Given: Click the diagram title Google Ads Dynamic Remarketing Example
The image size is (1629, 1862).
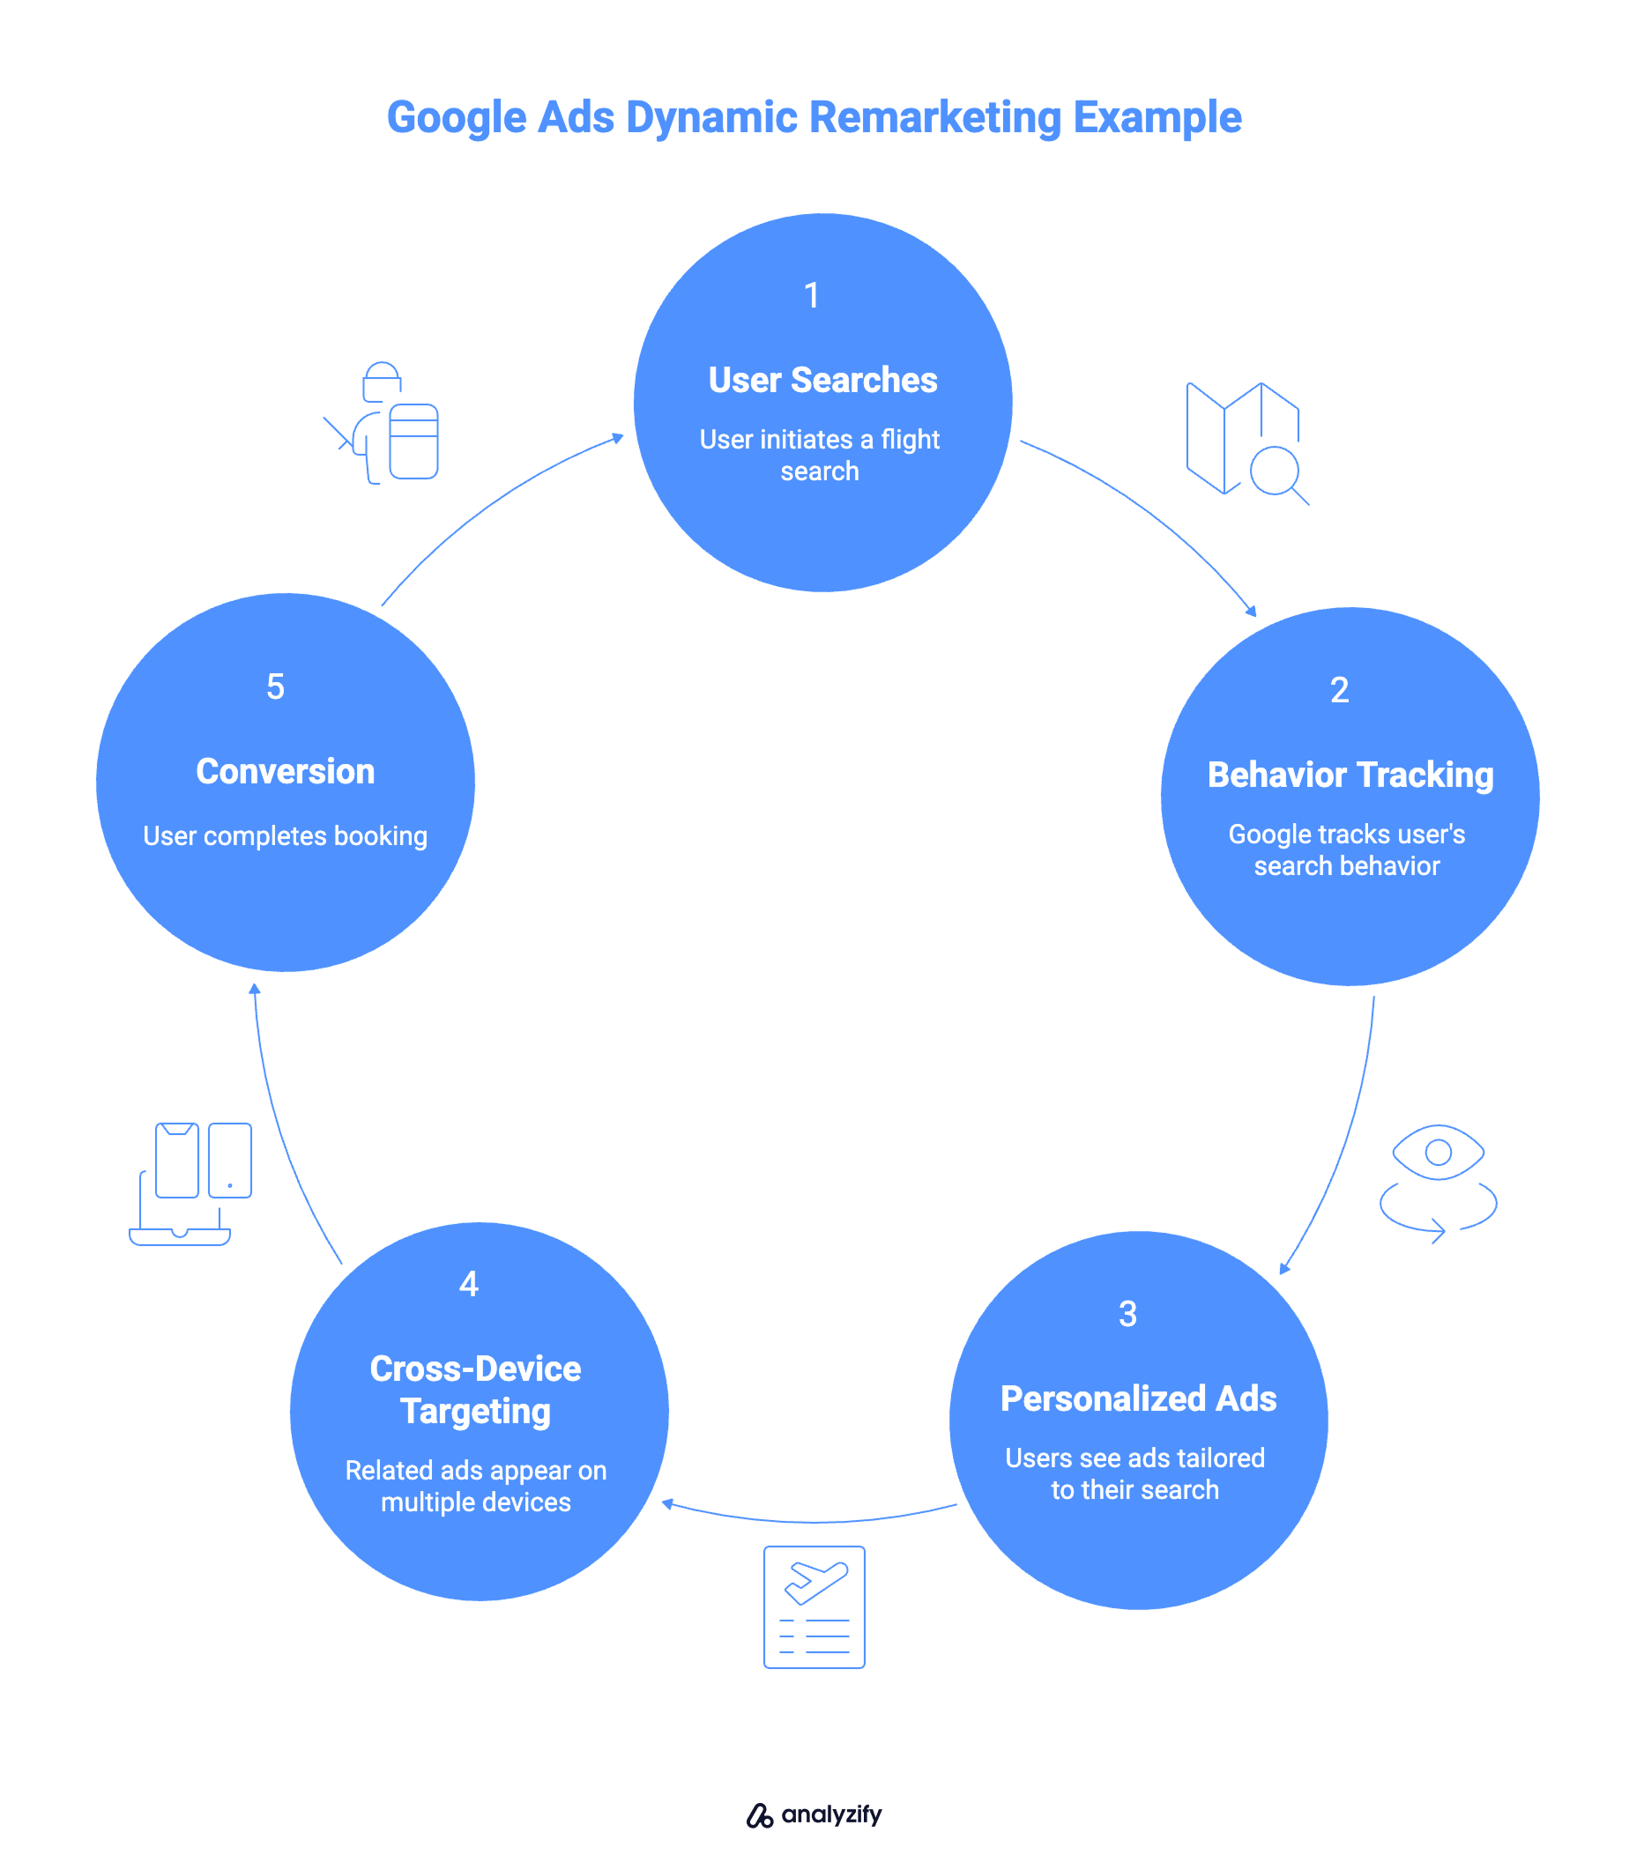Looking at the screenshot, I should tap(814, 117).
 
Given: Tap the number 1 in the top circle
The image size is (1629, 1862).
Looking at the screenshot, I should tap(812, 295).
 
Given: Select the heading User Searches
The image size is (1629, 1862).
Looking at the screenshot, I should tap(822, 380).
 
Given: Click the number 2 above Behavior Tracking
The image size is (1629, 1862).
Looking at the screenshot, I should tap(1339, 691).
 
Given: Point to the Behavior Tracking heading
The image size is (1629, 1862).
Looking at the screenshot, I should tap(1350, 775).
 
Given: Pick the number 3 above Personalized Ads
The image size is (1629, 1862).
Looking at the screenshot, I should tap(1127, 1314).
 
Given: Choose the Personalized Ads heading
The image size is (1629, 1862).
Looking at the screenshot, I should tap(1138, 1398).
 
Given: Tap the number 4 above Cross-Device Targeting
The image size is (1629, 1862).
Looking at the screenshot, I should tap(468, 1284).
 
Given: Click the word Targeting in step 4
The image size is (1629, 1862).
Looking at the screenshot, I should tap(475, 1412).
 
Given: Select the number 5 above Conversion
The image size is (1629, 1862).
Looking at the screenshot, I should tap(275, 687).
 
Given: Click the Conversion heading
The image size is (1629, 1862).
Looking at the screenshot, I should tap(286, 772).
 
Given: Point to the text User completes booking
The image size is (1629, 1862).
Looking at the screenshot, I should tap(286, 836).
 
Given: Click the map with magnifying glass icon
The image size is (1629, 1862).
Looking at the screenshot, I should tap(1246, 441).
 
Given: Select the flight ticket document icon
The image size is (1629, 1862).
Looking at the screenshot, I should tap(814, 1606).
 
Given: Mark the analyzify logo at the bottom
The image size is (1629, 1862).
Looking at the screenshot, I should tap(814, 1814).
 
